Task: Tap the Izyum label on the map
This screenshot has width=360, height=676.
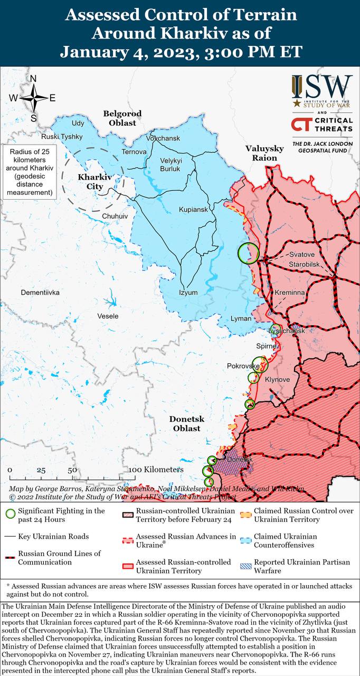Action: pyautogui.click(x=188, y=293)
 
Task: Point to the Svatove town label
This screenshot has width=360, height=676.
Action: pyautogui.click(x=301, y=255)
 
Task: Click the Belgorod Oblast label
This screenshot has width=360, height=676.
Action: pyautogui.click(x=122, y=118)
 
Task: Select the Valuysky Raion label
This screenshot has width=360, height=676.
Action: pyautogui.click(x=264, y=153)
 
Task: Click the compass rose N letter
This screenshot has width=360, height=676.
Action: pyautogui.click(x=33, y=79)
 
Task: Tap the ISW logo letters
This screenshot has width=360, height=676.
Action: pyautogui.click(x=322, y=86)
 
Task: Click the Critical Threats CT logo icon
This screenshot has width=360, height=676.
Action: pyautogui.click(x=301, y=125)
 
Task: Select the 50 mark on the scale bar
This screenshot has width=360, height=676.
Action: pyautogui.click(x=72, y=470)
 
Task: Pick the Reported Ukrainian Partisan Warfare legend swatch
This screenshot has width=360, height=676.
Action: pyautogui.click(x=245, y=566)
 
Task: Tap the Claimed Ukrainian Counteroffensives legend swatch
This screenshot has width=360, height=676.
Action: pyautogui.click(x=245, y=541)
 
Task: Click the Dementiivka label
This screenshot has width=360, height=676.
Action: pyautogui.click(x=40, y=292)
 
